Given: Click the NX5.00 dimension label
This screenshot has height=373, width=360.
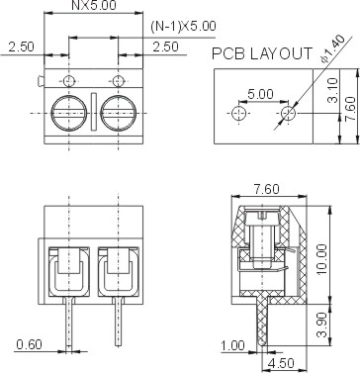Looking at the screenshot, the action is pyautogui.click(x=94, y=5).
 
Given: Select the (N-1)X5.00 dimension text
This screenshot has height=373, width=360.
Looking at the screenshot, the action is pyautogui.click(x=183, y=27).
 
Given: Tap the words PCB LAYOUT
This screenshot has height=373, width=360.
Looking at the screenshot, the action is pyautogui.click(x=262, y=53).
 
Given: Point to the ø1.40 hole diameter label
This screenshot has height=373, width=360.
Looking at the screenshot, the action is pyautogui.click(x=333, y=48).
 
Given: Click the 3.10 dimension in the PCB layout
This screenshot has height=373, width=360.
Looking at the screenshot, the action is pyautogui.click(x=333, y=90).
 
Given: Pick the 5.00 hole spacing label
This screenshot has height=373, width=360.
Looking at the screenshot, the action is pyautogui.click(x=260, y=95).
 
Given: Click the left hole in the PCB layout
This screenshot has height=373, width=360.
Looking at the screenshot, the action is pyautogui.click(x=239, y=113).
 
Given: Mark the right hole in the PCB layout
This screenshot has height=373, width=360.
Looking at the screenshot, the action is pyautogui.click(x=289, y=113).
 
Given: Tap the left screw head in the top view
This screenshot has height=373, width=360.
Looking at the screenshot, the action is pyautogui.click(x=69, y=113).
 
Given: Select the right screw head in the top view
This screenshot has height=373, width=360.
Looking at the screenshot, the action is pyautogui.click(x=118, y=113).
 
